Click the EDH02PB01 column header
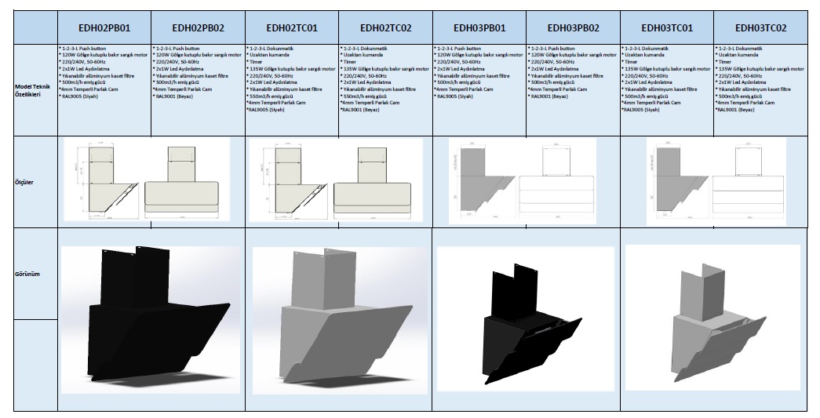click(104, 28)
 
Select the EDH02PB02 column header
click(198, 28)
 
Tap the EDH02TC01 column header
click(292, 28)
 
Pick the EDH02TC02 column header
click(385, 28)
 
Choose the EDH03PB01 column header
click(479, 28)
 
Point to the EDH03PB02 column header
click(573, 28)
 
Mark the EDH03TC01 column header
click(667, 28)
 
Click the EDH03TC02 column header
click(760, 28)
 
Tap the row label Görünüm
click(29, 275)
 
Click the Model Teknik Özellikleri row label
click(29, 90)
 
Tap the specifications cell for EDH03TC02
click(760, 78)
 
